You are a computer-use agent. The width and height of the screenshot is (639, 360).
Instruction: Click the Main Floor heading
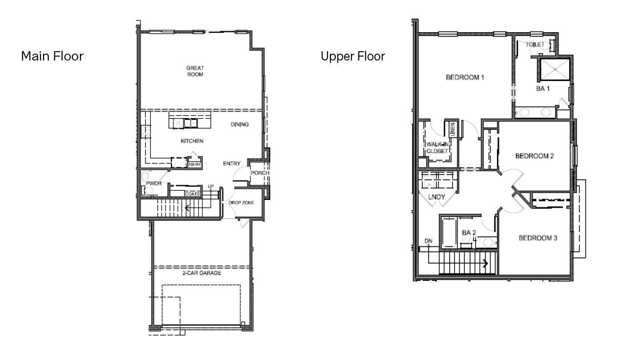point(52,56)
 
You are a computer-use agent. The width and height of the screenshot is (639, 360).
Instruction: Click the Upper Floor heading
point(352,56)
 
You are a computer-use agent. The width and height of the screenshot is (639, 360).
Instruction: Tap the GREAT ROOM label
point(195,71)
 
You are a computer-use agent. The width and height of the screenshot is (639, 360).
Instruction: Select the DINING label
point(240,124)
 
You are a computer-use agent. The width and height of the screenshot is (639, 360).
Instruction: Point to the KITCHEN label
point(192,141)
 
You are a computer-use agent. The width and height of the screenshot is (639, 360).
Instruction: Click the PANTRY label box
point(195,165)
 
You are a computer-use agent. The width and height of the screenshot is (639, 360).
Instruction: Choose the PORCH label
point(260,173)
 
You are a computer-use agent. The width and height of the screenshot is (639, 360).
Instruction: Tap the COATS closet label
point(192,194)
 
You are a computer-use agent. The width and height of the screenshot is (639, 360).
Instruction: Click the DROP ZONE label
point(242,202)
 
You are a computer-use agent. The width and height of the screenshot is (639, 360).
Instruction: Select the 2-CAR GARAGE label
point(202,273)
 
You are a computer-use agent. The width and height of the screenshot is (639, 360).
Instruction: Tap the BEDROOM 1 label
point(465,77)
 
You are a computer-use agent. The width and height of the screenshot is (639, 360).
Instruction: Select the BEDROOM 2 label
point(535,156)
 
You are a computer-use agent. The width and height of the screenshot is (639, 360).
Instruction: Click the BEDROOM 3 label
point(538,238)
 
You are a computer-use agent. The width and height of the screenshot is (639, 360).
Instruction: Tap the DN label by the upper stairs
point(428,241)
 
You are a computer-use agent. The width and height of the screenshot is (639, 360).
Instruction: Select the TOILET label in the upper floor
point(536,44)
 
